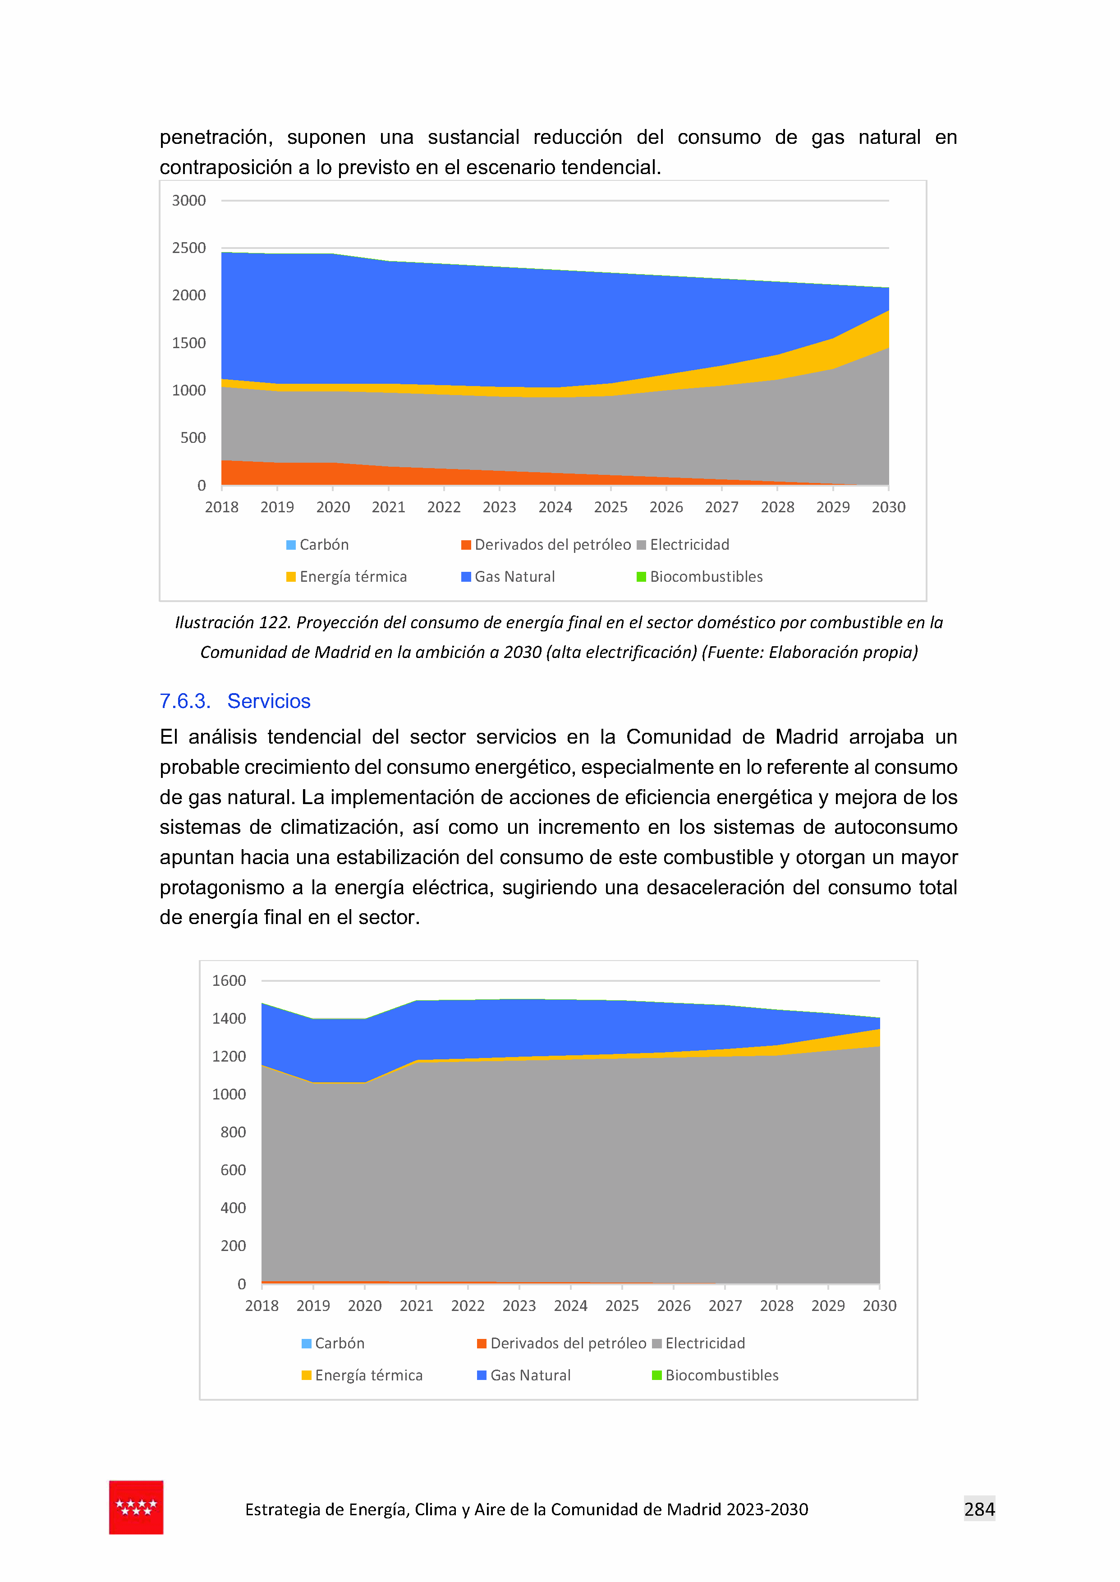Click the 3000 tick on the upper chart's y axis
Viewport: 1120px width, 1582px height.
188,201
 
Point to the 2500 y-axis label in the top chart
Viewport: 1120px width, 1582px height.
188,248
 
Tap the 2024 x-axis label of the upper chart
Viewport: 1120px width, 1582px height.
555,507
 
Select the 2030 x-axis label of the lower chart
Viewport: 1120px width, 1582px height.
879,1306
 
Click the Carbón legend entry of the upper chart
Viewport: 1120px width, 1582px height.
317,545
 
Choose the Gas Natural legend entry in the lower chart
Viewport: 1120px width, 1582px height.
523,1376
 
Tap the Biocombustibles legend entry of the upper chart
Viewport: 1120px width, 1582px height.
699,577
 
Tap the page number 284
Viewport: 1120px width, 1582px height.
979,1509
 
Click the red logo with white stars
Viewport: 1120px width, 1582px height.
136,1508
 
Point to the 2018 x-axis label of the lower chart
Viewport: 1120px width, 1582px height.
262,1306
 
